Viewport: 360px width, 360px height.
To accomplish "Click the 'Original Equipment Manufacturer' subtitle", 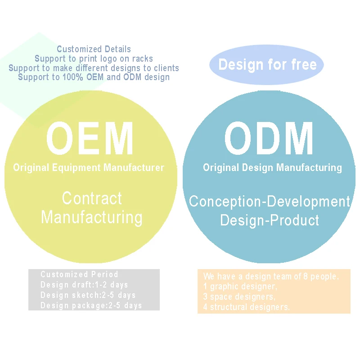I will [89, 168].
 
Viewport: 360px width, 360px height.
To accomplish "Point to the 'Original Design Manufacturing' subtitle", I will [272, 168].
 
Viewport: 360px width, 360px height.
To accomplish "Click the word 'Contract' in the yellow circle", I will [92, 198].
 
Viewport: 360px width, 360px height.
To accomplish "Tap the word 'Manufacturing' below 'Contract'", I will [92, 217].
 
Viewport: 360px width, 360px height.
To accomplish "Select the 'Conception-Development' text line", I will [269, 201].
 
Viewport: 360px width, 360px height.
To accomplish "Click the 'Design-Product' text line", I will [269, 220].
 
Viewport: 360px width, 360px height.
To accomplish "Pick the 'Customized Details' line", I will [94, 49].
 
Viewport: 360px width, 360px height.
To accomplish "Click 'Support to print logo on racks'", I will [94, 58].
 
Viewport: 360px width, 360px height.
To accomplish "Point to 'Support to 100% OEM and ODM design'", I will [94, 77].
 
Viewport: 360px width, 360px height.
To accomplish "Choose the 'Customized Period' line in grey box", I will [79, 274].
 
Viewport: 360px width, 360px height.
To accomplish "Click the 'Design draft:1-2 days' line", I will [84, 284].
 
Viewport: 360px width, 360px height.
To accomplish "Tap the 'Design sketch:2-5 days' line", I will [88, 295].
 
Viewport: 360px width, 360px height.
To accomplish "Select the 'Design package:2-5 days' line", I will [91, 306].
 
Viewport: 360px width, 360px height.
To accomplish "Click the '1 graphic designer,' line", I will [240, 287].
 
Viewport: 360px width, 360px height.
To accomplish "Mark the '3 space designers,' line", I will [239, 297].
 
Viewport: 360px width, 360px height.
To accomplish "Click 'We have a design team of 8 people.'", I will [270, 276].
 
